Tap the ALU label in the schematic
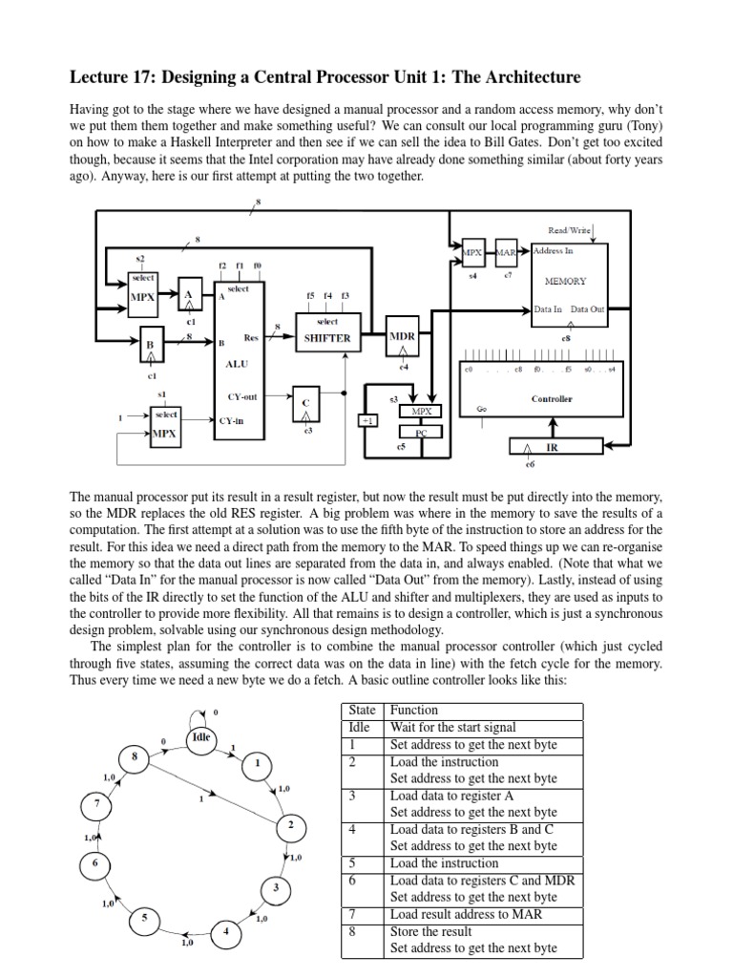[x=236, y=364]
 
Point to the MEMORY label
[x=565, y=282]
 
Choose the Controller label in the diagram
[x=552, y=398]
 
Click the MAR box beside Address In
[x=506, y=252]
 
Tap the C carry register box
[x=307, y=405]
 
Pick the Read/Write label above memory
[x=570, y=230]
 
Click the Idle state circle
[x=201, y=738]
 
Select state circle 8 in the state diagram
[x=135, y=758]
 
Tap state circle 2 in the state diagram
[x=290, y=824]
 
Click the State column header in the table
[x=362, y=711]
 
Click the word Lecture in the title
[x=101, y=76]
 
